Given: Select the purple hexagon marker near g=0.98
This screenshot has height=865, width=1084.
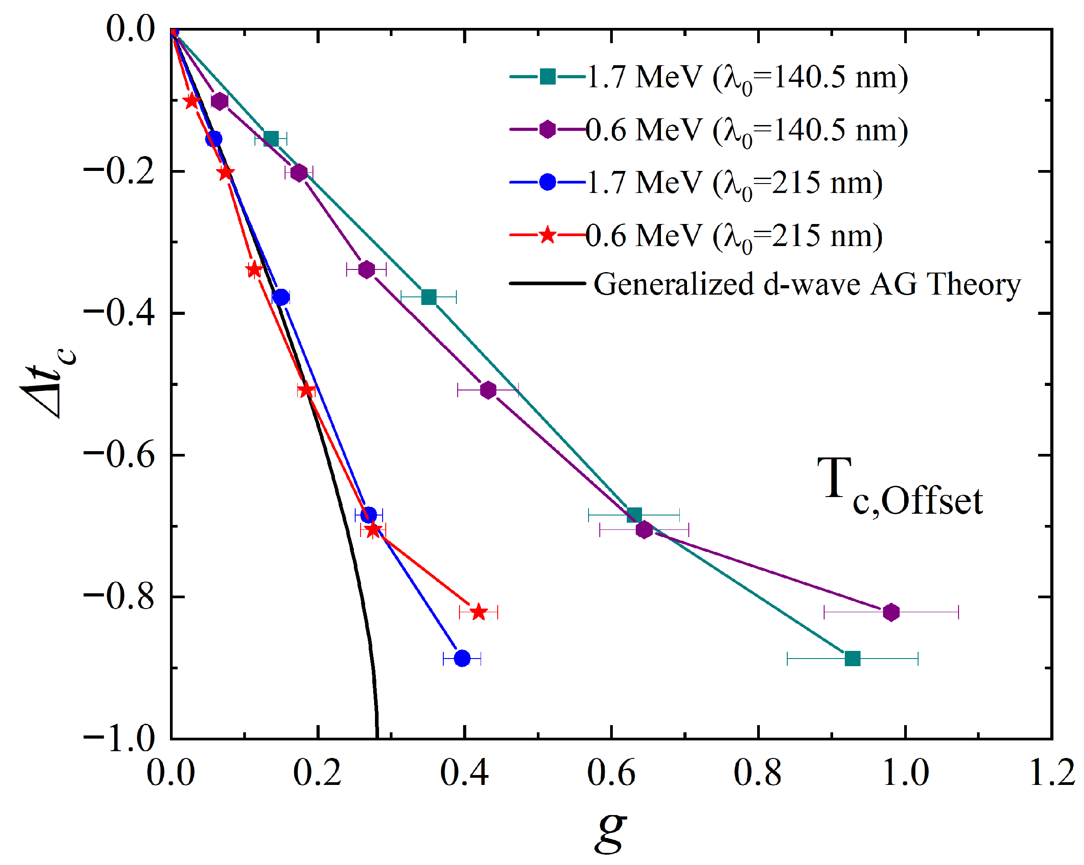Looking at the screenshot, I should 891,612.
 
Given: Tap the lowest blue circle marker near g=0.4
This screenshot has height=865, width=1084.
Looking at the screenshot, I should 462,658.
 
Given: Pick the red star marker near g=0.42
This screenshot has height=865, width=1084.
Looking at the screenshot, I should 479,612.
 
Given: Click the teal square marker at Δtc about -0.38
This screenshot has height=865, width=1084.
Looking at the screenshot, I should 428,297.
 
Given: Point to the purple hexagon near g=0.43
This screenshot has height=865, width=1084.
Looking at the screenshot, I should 488,390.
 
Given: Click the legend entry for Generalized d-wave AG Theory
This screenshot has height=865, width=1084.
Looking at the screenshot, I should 807,284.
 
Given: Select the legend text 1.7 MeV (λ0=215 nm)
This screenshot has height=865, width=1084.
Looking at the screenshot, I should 735,183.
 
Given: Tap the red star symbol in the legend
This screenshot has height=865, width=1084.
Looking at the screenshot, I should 547,235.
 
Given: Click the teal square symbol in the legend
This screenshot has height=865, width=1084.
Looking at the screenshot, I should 547,77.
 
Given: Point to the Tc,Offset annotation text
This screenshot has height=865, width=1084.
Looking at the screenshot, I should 900,487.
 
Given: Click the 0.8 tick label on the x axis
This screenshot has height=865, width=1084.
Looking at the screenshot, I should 758,773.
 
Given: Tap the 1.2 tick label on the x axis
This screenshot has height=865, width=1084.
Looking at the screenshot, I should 1052,773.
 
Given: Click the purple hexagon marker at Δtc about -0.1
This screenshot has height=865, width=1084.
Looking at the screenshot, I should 219,102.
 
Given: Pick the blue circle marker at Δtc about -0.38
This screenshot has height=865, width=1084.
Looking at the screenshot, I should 281,297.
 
